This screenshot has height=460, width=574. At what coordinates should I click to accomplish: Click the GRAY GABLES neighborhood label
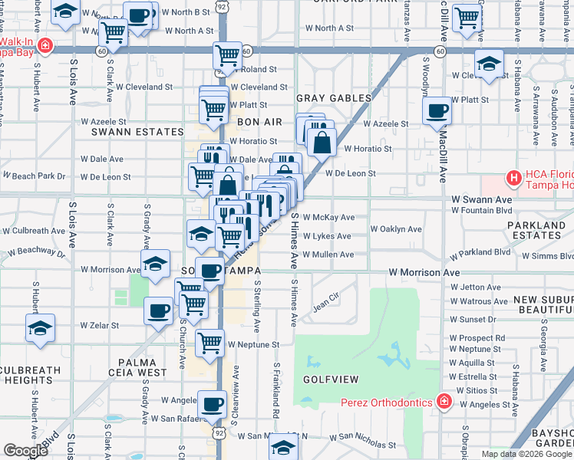[334, 98]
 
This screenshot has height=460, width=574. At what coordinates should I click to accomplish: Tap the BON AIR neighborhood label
[255, 122]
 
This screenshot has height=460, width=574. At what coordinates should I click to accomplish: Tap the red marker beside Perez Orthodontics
[443, 401]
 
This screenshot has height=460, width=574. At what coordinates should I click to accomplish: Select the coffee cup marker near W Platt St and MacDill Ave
[437, 110]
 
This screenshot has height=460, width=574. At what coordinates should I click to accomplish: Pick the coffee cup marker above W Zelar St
[159, 310]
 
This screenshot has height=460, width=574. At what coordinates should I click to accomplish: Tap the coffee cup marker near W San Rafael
[212, 404]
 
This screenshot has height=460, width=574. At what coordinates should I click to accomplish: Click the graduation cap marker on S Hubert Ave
[40, 328]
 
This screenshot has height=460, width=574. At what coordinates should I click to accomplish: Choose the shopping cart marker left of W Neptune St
[209, 343]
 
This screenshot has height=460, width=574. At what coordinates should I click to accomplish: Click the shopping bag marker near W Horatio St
[321, 141]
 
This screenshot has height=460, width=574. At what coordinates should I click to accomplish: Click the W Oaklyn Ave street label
[396, 229]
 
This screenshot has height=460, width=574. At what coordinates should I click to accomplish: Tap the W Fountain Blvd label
[481, 210]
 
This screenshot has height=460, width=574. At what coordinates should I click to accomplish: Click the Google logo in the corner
[25, 451]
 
